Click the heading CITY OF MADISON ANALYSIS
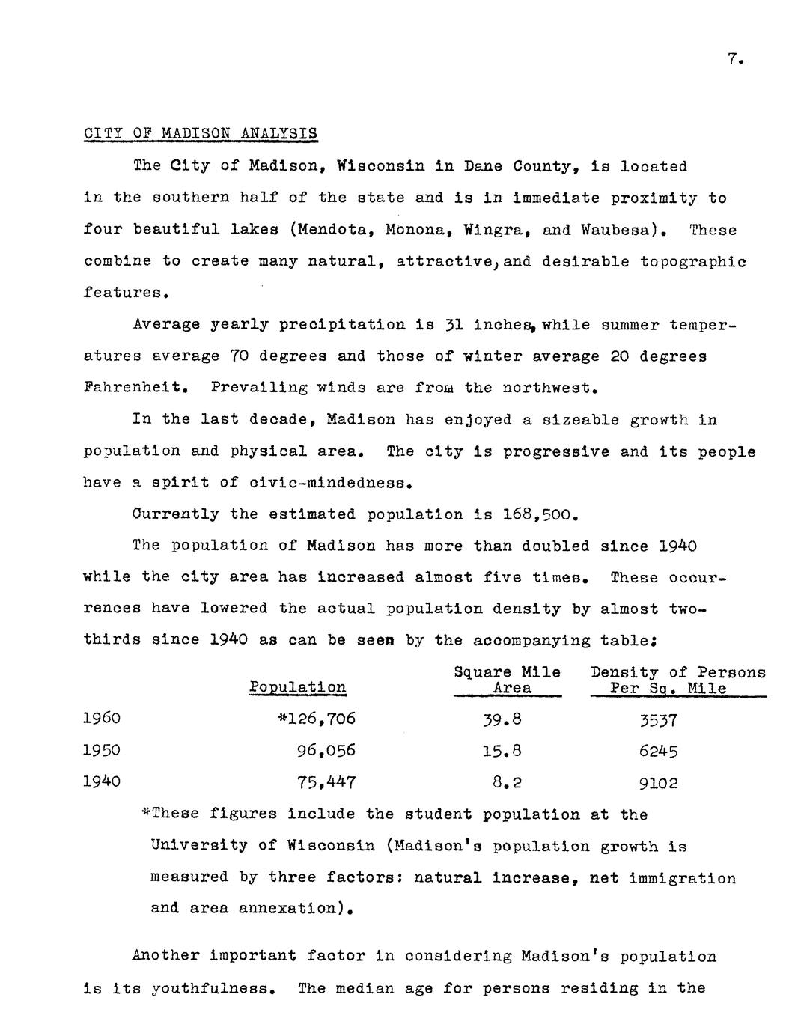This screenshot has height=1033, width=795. [200, 134]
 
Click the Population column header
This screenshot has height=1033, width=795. [297, 687]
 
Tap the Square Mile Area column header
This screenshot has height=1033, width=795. [508, 680]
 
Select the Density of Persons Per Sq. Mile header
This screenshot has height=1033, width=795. [677, 680]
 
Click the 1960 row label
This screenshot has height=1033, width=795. [101, 719]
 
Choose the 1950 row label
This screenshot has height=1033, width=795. [101, 750]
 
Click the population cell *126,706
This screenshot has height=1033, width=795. [317, 719]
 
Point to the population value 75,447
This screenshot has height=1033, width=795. [326, 782]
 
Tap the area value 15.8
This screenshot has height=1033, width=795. [502, 751]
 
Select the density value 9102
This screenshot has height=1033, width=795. [658, 783]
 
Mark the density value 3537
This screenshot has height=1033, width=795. [658, 720]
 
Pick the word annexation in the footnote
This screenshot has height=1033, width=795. [284, 909]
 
